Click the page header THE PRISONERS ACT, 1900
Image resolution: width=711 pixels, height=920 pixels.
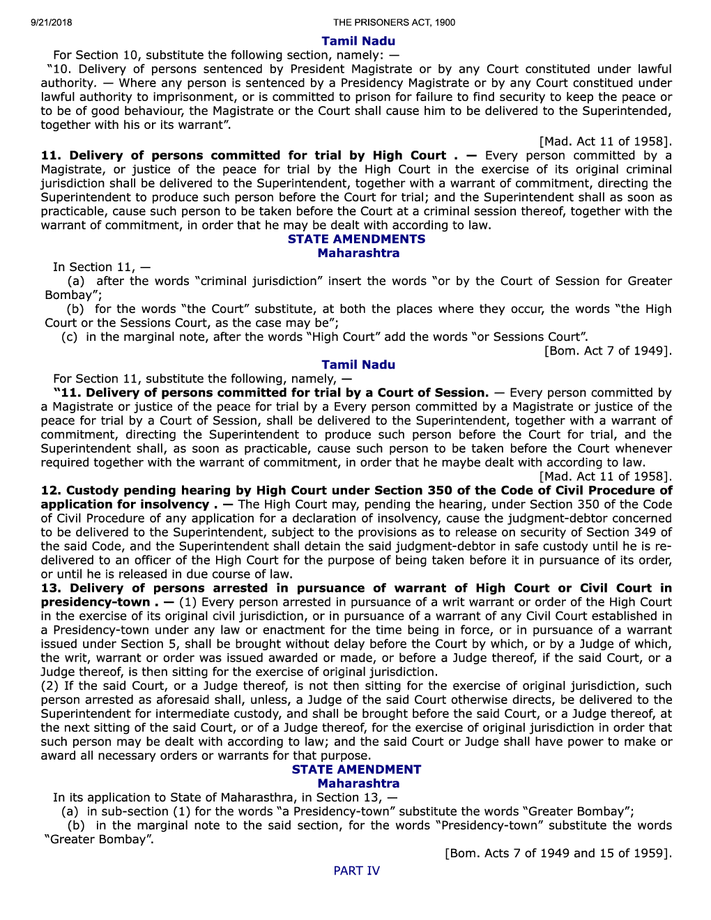tap(394, 22)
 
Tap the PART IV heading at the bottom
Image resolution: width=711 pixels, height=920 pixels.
tap(356, 871)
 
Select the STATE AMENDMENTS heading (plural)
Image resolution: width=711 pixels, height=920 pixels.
tap(356, 239)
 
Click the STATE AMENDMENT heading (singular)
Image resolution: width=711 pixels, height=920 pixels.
tap(356, 769)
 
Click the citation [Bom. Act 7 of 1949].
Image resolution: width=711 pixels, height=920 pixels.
tap(608, 351)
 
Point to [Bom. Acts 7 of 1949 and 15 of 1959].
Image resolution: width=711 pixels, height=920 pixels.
tap(558, 853)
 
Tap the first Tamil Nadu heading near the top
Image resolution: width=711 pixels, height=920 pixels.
tap(358, 41)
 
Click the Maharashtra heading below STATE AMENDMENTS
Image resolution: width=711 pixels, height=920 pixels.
tap(358, 253)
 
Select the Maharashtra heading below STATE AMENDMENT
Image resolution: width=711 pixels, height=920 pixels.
tap(358, 783)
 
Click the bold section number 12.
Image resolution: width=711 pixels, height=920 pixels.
tap(50, 490)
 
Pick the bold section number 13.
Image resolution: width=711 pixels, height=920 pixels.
tap(50, 588)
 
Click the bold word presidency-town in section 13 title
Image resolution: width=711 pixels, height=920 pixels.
tap(95, 601)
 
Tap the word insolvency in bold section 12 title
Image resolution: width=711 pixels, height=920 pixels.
tap(174, 504)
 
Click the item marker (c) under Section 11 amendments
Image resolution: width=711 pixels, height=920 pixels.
tap(69, 337)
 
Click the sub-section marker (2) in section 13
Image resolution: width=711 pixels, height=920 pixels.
tap(49, 686)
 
